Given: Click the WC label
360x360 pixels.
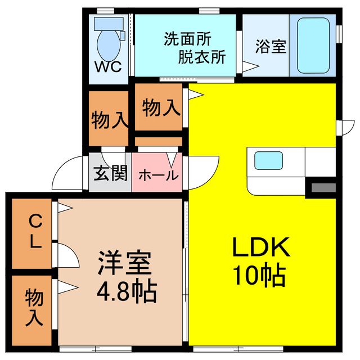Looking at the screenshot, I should [x=107, y=66].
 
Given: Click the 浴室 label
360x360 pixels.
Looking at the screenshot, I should [x=270, y=47].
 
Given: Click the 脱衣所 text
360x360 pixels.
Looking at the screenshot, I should [x=202, y=57].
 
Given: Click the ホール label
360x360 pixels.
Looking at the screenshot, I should [x=158, y=174].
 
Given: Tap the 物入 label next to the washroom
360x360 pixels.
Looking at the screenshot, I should [x=161, y=107].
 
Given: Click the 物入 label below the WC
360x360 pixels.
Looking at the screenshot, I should [x=109, y=120].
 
